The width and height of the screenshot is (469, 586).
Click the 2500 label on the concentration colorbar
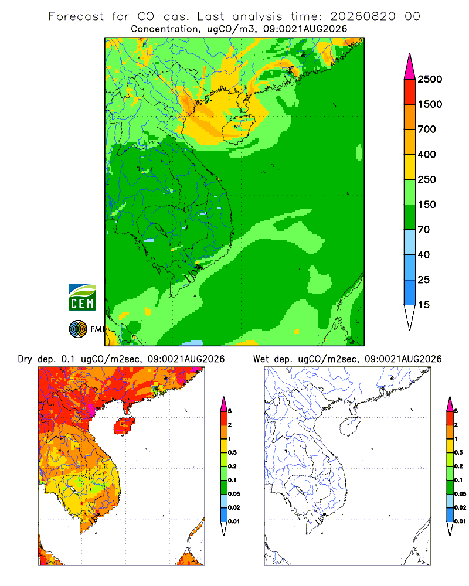(x=430, y=79)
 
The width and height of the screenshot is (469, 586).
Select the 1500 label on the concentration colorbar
(x=430, y=104)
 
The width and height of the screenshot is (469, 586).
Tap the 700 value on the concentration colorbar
(x=427, y=130)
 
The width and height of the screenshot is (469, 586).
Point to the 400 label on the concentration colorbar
(x=427, y=154)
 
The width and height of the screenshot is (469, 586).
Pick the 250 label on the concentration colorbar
(x=427, y=179)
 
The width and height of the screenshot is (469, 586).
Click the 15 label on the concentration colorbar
(x=424, y=305)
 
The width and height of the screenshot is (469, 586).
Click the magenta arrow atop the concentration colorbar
(x=410, y=67)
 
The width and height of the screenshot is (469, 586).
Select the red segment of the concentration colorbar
(x=410, y=92)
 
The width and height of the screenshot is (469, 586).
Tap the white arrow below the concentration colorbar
(x=410, y=318)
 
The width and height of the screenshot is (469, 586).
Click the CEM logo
(x=82, y=298)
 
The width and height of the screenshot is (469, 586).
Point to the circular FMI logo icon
(x=78, y=329)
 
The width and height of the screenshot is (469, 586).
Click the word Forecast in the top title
(x=76, y=16)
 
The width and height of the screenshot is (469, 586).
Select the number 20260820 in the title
(x=362, y=16)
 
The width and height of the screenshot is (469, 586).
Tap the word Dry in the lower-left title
(x=25, y=360)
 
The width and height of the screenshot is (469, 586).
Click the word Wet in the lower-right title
(x=261, y=359)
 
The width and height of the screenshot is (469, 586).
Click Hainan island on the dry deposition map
(x=124, y=425)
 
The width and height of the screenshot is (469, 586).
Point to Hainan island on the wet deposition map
(x=350, y=427)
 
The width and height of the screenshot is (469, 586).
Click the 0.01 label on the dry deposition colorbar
(x=234, y=522)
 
